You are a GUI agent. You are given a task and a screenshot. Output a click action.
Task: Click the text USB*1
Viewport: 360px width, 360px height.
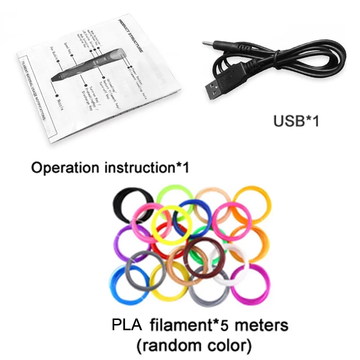[x=296, y=121]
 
